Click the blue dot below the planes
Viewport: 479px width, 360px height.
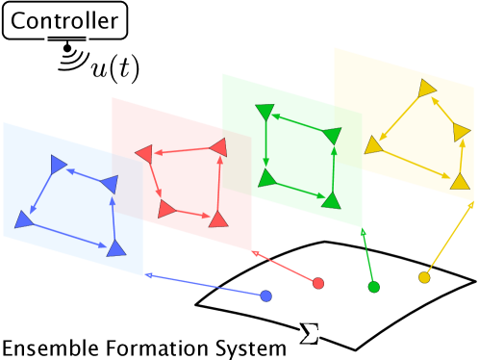click(265, 296)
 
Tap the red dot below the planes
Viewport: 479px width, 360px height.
click(318, 283)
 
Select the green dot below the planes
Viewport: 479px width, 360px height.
click(373, 287)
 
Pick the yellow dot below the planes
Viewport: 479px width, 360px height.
click(424, 277)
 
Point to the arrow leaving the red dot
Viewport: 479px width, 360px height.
click(285, 267)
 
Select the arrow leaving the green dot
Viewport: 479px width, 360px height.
click(367, 257)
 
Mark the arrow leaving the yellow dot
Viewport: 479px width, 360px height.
click(448, 240)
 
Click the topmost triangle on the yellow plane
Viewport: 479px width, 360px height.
click(426, 90)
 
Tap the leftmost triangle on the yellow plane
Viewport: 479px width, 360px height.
click(372, 145)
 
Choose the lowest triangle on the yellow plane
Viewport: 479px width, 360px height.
click(461, 181)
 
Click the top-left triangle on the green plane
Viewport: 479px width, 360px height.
click(265, 112)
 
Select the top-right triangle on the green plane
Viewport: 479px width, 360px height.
click(333, 136)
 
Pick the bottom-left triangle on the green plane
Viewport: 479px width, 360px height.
click(267, 178)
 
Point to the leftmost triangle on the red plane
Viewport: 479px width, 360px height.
click(144, 153)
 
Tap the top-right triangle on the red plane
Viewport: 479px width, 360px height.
click(219, 146)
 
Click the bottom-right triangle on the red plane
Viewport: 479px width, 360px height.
click(218, 219)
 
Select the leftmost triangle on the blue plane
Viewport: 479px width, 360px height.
click(23, 219)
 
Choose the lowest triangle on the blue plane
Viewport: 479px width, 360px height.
click(115, 248)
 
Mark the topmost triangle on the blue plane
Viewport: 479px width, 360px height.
click(59, 164)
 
